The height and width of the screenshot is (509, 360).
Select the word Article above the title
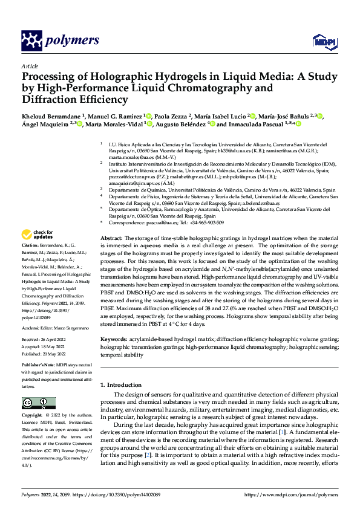(29, 66)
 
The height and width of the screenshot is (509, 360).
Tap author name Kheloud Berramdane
(51, 115)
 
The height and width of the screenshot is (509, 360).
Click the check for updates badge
(38, 235)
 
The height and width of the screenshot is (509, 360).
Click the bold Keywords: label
(113, 341)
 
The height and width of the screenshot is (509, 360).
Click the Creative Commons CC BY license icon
(39, 403)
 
